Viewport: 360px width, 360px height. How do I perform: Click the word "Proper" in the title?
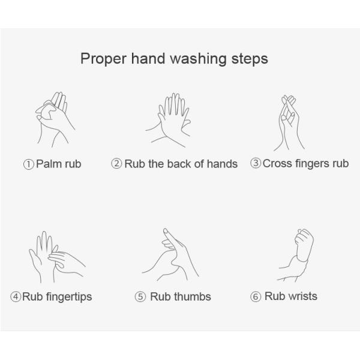[103, 59]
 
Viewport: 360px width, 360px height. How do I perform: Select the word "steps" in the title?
[250, 59]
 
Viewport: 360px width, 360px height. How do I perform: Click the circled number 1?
[29, 164]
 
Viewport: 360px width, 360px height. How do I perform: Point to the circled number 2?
[116, 164]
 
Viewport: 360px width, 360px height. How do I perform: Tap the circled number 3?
[256, 163]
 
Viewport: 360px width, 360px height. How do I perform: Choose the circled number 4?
[16, 296]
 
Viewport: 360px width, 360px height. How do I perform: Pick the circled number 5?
[140, 296]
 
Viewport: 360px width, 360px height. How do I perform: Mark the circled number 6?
[256, 296]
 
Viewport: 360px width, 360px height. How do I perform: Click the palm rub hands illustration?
[55, 119]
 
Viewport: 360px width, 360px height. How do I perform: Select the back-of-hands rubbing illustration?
[168, 120]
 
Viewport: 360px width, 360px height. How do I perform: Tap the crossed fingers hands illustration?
[289, 123]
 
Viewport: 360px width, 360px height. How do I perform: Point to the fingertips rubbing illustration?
[57, 257]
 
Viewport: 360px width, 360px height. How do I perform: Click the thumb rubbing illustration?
[170, 254]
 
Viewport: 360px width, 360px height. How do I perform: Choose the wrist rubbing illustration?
[295, 255]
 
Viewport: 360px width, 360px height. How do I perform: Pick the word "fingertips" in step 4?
[69, 297]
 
